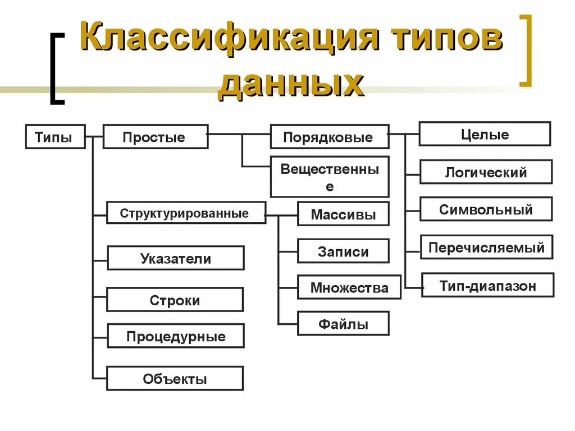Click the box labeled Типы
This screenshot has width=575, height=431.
click(55, 137)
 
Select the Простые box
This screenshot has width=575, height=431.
click(156, 137)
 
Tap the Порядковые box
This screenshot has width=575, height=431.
click(330, 137)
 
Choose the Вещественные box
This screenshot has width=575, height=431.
click(330, 177)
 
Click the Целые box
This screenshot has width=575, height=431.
click(485, 134)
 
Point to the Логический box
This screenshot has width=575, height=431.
click(486, 172)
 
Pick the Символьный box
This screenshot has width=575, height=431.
click(486, 209)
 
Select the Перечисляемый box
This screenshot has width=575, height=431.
click(486, 247)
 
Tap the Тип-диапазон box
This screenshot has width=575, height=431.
click(487, 285)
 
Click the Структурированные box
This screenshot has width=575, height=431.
click(186, 213)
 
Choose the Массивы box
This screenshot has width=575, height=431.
click(343, 214)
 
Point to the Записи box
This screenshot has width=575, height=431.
click(343, 251)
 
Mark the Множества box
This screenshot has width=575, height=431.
click(349, 287)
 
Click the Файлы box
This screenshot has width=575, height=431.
click(343, 324)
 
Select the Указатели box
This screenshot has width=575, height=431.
click(176, 258)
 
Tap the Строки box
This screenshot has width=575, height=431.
click(175, 300)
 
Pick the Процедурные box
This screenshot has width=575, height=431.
click(176, 336)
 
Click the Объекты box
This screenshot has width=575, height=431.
click(175, 378)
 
